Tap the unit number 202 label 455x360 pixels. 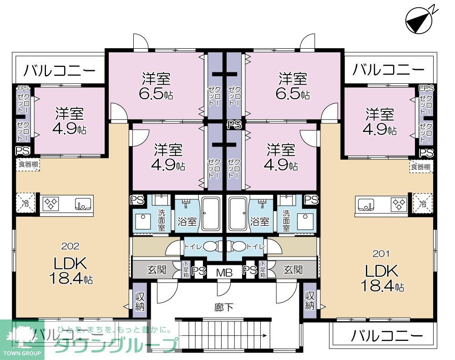(70, 246)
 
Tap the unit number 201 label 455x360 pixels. (381, 254)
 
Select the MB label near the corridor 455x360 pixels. (224, 272)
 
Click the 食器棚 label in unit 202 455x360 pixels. (28, 164)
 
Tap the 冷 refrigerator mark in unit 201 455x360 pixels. (422, 203)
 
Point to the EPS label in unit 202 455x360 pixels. (23, 88)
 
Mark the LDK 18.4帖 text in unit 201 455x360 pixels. (381, 278)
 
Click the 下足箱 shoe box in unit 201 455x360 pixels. (262, 270)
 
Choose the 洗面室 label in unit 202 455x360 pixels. (162, 220)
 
